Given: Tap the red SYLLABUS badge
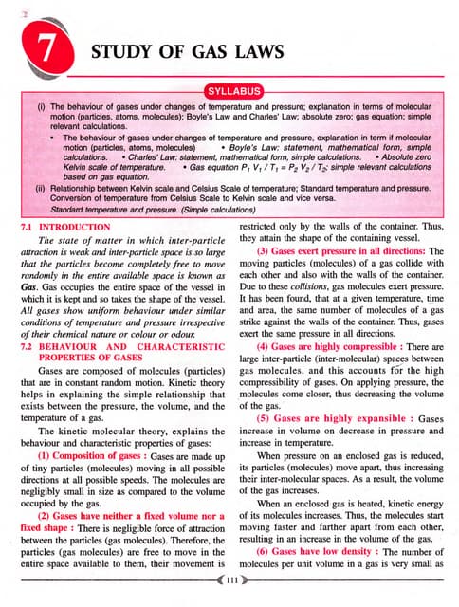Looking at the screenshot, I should [229, 94].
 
